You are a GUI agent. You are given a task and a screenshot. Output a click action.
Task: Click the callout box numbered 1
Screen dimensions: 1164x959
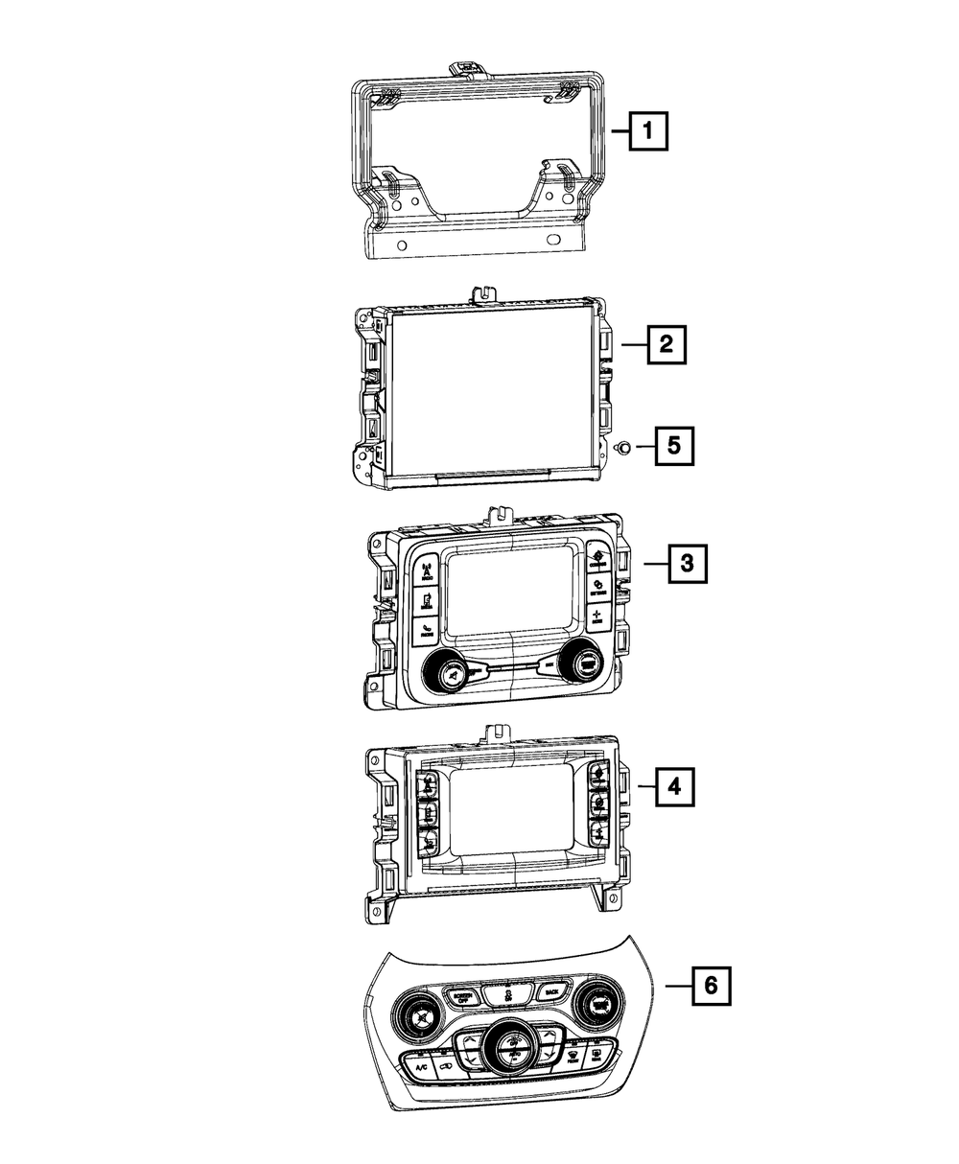pos(649,130)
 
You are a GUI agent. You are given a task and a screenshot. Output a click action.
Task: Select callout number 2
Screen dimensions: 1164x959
pos(666,343)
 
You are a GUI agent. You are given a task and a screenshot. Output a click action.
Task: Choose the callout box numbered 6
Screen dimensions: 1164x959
pos(711,985)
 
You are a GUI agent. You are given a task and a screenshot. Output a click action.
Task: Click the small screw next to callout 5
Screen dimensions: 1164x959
pos(621,446)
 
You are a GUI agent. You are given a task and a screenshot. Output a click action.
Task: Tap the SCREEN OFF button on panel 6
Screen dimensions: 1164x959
pos(464,996)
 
